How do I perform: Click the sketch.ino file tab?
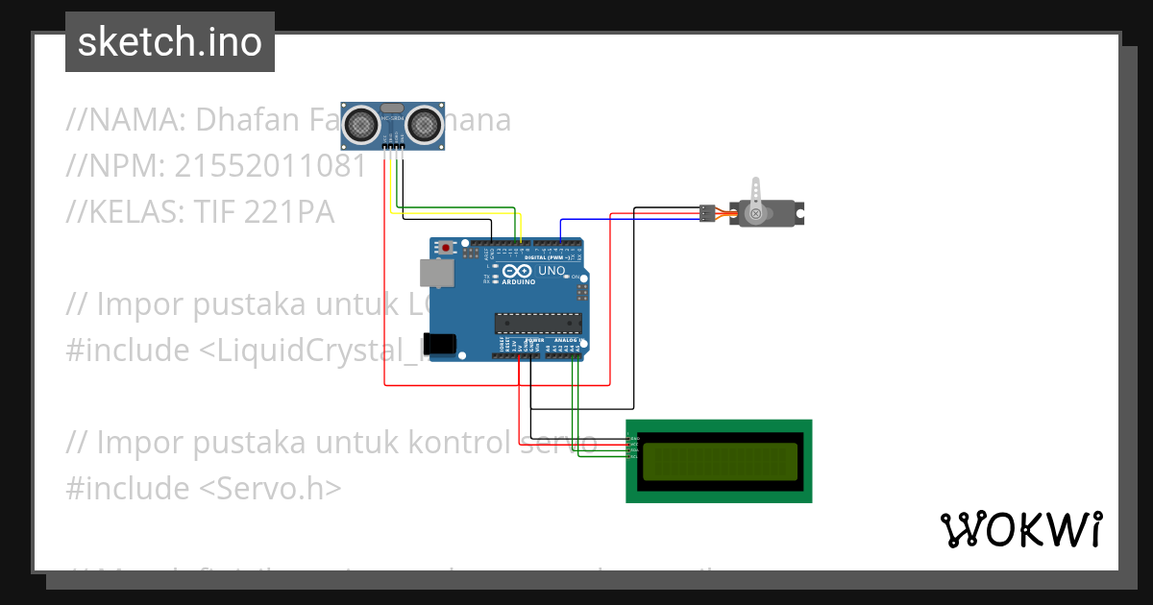click(x=170, y=42)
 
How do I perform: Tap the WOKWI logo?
click(x=1020, y=529)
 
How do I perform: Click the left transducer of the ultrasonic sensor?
click(x=362, y=123)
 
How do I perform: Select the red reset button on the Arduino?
click(x=445, y=247)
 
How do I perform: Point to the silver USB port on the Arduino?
click(x=439, y=274)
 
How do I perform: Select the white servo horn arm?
click(x=756, y=194)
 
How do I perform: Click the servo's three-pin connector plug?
click(x=707, y=213)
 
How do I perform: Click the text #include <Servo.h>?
click(x=204, y=488)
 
